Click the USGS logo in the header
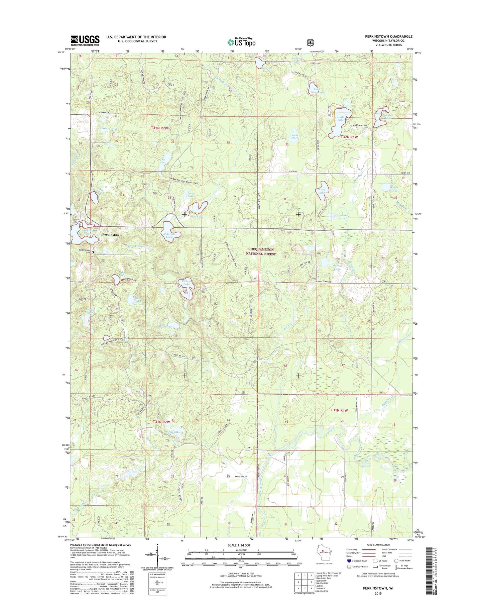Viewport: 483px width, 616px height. click(x=85, y=40)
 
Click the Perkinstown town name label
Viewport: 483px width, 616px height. click(x=112, y=235)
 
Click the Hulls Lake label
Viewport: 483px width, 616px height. click(x=341, y=118)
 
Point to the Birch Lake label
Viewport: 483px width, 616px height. click(x=173, y=432)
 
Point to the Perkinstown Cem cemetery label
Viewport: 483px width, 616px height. click(x=85, y=251)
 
